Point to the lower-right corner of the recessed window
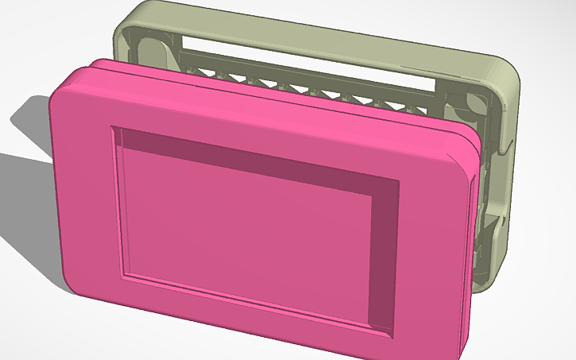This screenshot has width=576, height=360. click(x=395, y=335)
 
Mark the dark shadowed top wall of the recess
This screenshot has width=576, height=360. click(x=254, y=159)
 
